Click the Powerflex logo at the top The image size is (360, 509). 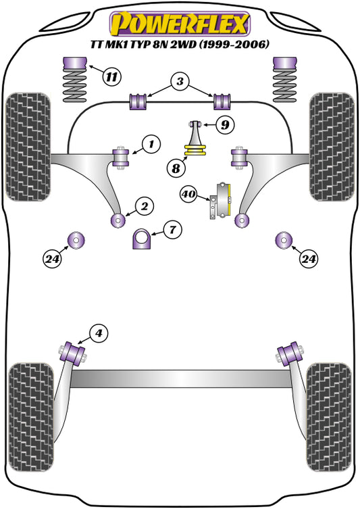pos(180,23)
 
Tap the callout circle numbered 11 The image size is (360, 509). pos(113,76)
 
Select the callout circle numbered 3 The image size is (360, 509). pos(179,82)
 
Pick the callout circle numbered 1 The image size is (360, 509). pos(151,143)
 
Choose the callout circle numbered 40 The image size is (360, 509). pos(190,195)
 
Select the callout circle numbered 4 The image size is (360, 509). pos(99,332)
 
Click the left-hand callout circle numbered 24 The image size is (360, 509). pos(53,258)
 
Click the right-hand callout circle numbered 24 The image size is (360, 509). pos(309,258)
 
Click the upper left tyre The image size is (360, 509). pos(28,147)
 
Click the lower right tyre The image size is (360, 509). pos(329,412)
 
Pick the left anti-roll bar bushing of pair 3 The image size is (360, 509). pos(138,101)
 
